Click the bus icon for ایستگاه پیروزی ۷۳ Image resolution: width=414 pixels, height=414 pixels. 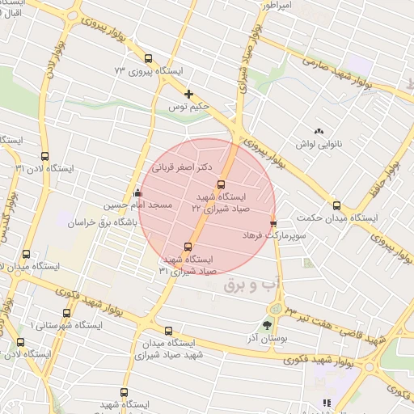point(148,58)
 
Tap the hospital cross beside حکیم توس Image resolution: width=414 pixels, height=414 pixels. point(188,95)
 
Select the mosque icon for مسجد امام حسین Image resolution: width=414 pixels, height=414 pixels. point(137,193)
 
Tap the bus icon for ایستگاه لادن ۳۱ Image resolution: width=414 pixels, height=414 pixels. point(44,155)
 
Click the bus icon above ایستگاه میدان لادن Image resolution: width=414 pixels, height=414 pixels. point(27,254)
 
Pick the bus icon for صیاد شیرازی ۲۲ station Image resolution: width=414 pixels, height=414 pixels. point(222,184)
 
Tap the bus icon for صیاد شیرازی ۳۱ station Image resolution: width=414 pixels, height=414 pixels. point(188,247)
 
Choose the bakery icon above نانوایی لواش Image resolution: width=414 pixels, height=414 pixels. point(319,131)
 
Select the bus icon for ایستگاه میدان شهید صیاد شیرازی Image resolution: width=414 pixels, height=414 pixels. point(168,331)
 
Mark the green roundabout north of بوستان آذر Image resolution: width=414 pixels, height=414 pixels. point(278,308)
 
